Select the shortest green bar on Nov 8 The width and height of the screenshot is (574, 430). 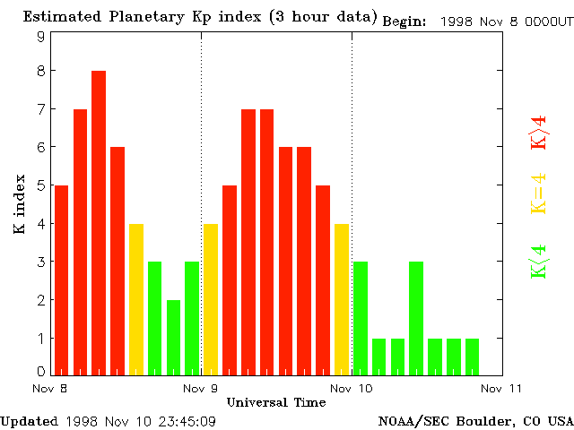coord(173,337)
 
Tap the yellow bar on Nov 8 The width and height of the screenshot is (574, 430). coord(136,298)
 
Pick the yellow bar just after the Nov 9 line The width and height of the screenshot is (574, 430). coord(211,298)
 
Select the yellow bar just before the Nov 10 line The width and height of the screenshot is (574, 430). coord(342,298)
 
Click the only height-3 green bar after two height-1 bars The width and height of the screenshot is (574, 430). coord(416,318)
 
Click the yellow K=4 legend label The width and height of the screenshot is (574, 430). coord(538,194)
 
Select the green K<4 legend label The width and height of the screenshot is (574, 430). coord(538,261)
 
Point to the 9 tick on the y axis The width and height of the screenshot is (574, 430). coord(40,37)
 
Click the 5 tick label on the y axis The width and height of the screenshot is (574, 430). coord(40,185)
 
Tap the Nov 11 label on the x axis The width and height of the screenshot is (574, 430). coord(501,389)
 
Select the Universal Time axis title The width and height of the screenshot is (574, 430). coord(275,402)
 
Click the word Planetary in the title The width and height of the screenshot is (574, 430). coord(148,17)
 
